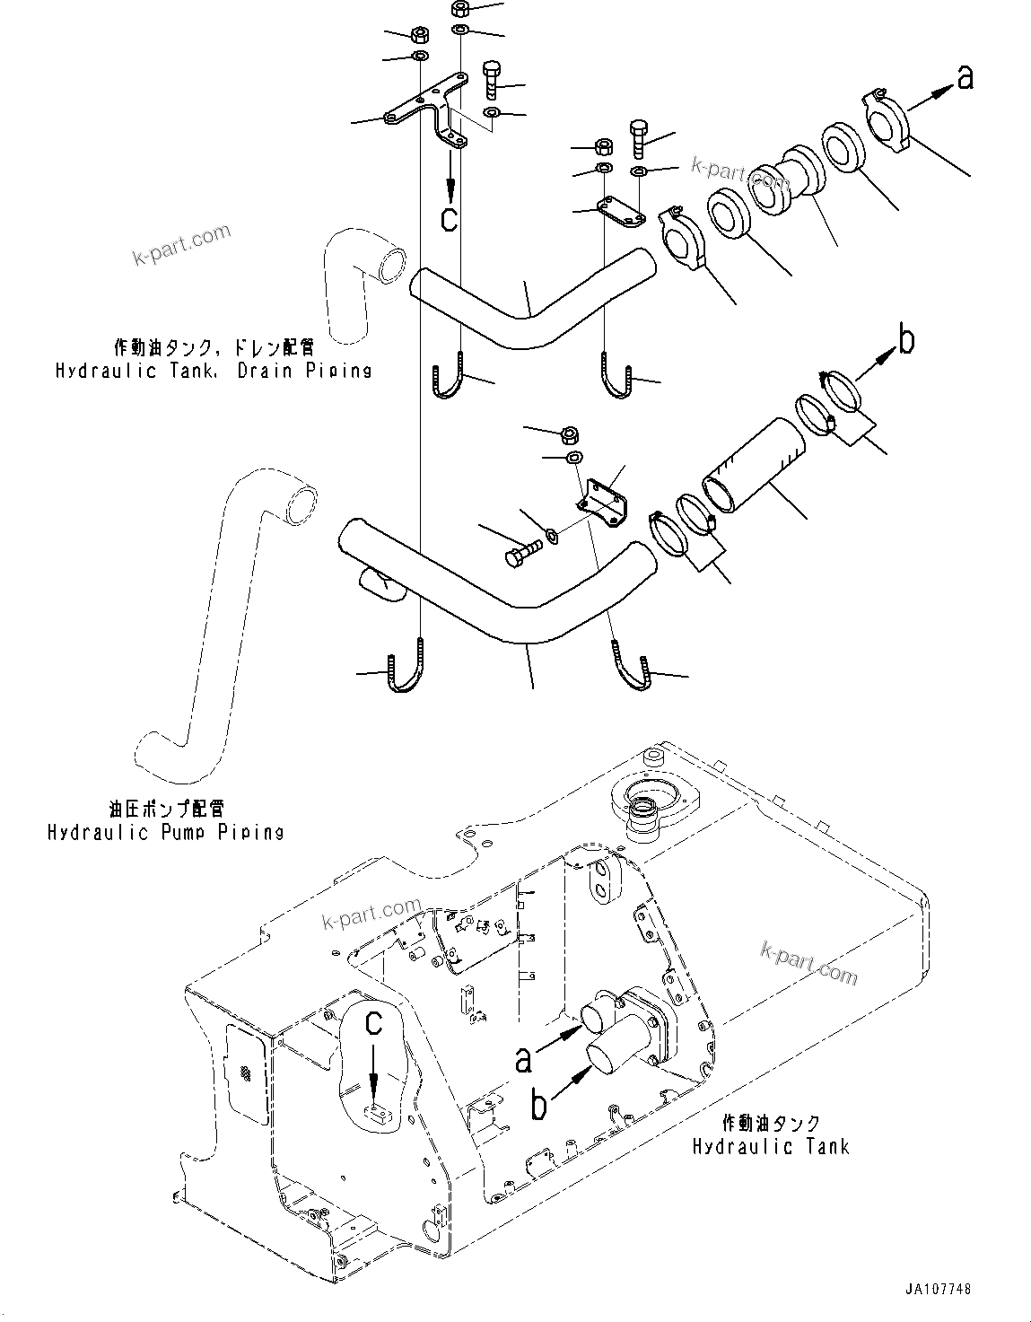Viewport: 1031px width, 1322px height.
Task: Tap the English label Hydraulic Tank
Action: tap(770, 1146)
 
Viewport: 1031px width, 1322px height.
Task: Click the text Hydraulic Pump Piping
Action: tap(165, 832)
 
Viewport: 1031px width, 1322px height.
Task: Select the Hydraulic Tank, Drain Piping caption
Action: tap(214, 371)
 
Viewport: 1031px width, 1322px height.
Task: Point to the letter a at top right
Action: tap(965, 79)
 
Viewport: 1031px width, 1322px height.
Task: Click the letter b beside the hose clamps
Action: tap(906, 340)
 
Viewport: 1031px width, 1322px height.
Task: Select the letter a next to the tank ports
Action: tap(523, 1059)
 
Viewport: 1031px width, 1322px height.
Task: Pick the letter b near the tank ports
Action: tap(537, 1105)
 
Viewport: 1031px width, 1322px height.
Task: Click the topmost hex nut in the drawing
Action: tap(460, 10)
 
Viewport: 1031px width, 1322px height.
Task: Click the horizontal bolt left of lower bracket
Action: tap(522, 550)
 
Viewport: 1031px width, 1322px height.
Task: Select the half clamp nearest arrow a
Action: tap(888, 117)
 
